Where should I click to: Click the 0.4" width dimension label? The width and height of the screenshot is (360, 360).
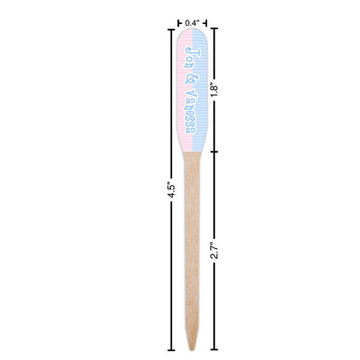[192, 23]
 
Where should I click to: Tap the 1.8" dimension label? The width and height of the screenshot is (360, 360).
[215, 90]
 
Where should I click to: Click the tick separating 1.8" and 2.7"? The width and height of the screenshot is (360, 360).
[215, 151]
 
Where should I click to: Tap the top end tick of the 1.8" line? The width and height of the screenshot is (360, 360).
[215, 29]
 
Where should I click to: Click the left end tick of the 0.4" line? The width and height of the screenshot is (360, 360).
[179, 23]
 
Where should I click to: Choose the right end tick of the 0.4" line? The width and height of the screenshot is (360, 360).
[206, 23]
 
